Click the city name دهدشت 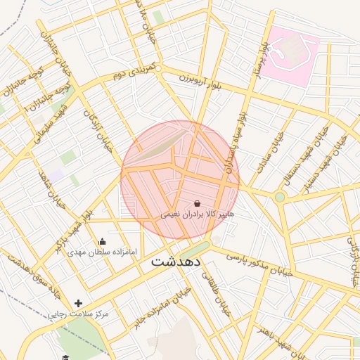click(x=176, y=261)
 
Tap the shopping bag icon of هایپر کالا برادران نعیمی click(x=195, y=202)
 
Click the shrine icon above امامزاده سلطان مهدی click(x=103, y=241)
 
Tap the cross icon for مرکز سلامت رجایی click(x=78, y=303)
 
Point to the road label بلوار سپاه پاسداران click(x=235, y=134)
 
